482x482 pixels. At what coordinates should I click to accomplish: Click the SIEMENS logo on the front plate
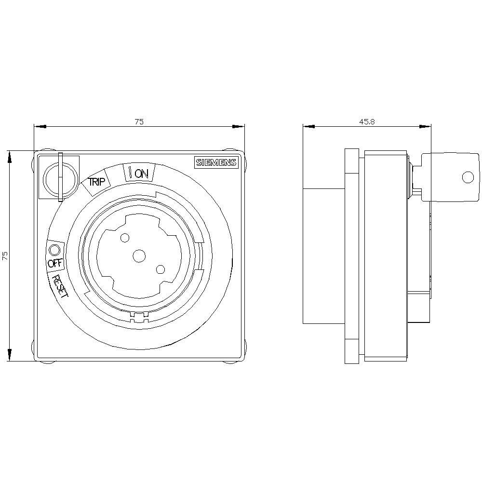point(216,162)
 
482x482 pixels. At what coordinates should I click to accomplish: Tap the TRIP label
point(96,182)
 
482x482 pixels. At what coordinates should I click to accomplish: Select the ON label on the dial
point(142,174)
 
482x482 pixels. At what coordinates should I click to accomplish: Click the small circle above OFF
point(54,250)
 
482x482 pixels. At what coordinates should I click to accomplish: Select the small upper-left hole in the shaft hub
point(125,238)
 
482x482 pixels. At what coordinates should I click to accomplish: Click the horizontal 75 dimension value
point(139,122)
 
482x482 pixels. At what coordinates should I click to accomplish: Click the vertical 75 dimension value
point(5,256)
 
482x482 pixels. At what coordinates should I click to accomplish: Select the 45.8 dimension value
point(367,122)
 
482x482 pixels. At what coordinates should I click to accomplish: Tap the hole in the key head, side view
point(467,177)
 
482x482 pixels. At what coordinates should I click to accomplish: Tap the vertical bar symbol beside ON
point(130,172)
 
